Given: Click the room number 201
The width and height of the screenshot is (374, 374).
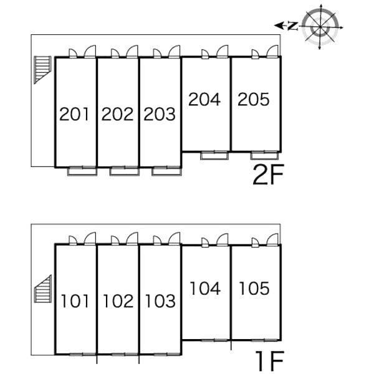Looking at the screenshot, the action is point(74,114).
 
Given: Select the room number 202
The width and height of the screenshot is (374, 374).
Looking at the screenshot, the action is point(117,114).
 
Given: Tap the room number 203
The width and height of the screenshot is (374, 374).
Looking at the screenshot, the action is point(160,114).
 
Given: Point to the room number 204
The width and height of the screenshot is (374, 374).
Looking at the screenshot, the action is point(204,99).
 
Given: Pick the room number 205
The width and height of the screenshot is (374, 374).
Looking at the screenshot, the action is point(254,99).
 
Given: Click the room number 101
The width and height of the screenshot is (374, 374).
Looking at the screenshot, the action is point(75,301).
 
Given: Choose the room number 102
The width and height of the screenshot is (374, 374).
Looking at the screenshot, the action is point(118,301).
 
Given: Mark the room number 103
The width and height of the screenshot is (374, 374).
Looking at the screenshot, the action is point(161,301).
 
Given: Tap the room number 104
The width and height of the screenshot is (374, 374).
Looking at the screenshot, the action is point(205,289).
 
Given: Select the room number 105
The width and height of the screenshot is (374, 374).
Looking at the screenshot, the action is point(254,289).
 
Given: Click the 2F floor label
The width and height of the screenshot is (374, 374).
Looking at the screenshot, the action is point(269,175).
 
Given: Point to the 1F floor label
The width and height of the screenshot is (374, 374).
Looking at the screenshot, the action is point(270,361).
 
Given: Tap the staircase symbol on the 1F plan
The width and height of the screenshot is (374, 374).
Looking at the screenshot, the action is point(43,289).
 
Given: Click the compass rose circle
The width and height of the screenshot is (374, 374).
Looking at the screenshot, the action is point(320,26).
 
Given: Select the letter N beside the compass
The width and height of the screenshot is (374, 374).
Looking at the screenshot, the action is point(293,26).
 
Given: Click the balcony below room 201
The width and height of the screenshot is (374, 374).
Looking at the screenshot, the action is point(82,172).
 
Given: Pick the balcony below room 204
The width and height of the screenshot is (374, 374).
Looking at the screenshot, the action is point(214,156).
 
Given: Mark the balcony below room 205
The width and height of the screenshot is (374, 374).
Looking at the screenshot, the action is point(264,156).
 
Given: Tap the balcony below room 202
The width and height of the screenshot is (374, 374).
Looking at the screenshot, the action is point(124,172).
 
